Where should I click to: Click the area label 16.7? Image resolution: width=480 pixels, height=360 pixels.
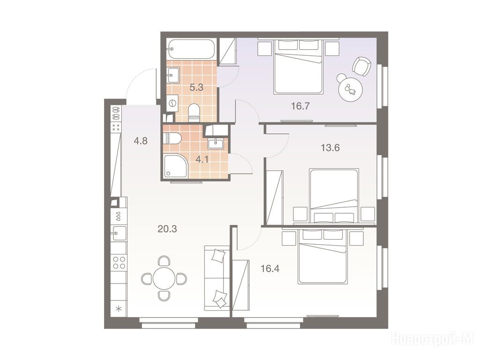pyautogui.click(x=300, y=106)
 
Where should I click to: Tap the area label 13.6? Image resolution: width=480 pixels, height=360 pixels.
pyautogui.click(x=330, y=148)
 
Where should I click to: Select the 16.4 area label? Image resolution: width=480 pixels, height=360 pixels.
pyautogui.click(x=270, y=269)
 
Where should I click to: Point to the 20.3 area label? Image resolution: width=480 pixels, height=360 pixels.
pyautogui.click(x=167, y=229)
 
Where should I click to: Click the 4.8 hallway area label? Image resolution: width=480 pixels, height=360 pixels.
pyautogui.click(x=141, y=141)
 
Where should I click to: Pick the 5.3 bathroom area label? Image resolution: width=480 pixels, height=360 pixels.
pyautogui.click(x=196, y=88)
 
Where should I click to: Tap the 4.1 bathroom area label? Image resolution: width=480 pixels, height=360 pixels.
pyautogui.click(x=202, y=159)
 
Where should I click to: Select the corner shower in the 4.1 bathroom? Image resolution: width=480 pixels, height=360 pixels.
pyautogui.click(x=175, y=166)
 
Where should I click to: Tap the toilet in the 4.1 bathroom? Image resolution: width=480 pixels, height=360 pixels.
pyautogui.click(x=172, y=138)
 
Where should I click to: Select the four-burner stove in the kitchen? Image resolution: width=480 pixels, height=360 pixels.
pyautogui.click(x=119, y=262)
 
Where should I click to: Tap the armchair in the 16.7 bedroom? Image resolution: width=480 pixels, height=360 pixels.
pyautogui.click(x=362, y=67)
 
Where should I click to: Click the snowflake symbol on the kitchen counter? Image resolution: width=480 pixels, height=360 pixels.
pyautogui.click(x=119, y=308)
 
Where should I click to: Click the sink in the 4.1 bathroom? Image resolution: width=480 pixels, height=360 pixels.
pyautogui.click(x=217, y=142)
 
